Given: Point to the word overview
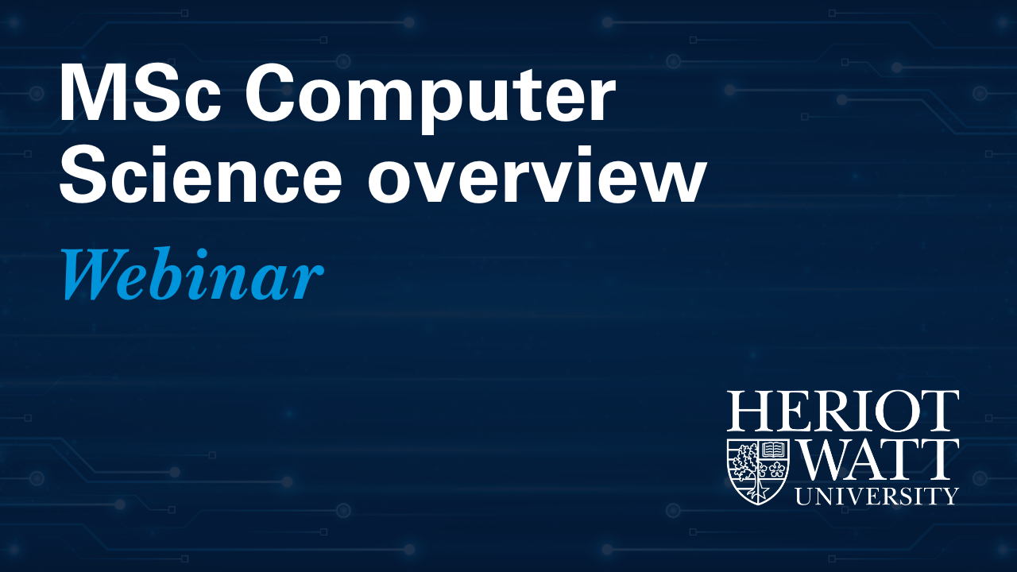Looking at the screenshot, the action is [x=537, y=174].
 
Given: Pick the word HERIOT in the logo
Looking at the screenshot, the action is [x=843, y=412].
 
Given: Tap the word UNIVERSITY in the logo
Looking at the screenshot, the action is [x=876, y=497].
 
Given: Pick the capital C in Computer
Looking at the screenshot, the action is [x=271, y=95].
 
